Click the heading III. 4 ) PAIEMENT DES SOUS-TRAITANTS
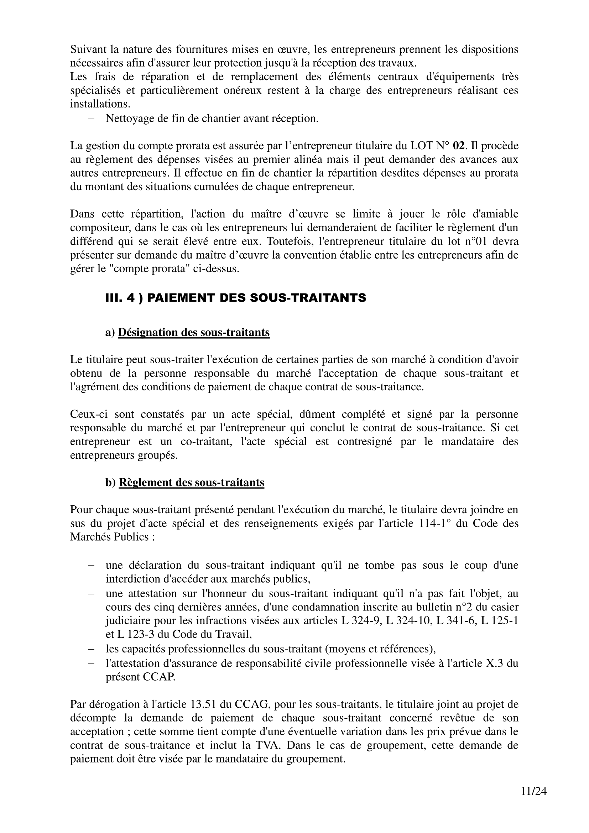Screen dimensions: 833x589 [236, 298]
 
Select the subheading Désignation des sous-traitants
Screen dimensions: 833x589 [194, 332]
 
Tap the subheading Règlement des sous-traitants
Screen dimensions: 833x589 [191, 483]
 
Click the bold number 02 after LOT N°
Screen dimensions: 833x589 [458, 146]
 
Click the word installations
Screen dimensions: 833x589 [100, 104]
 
